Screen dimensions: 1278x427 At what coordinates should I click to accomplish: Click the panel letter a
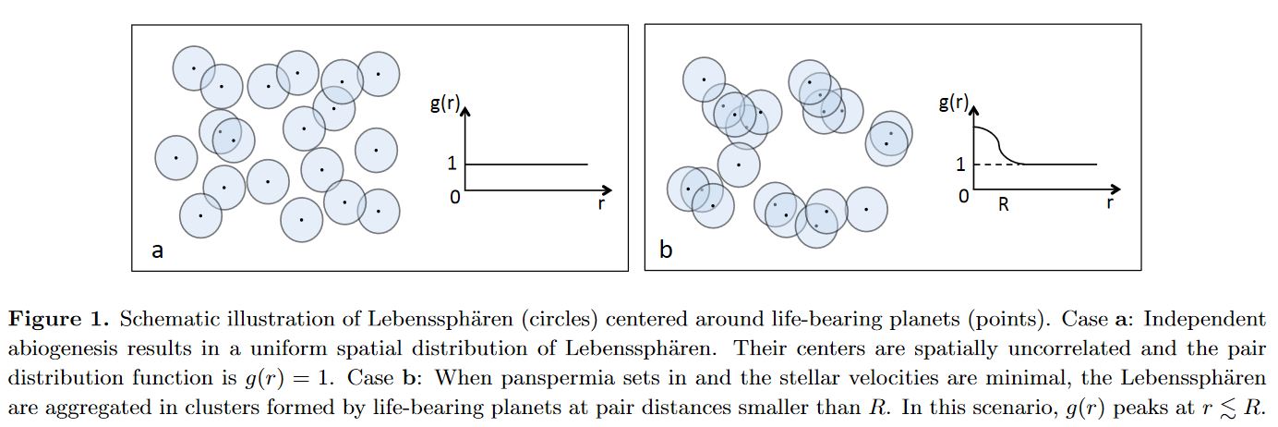pos(158,250)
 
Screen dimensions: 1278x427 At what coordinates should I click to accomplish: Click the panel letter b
pos(666,249)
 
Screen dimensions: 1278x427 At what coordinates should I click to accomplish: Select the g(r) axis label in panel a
pos(444,104)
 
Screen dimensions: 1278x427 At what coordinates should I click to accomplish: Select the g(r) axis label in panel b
pos(954,103)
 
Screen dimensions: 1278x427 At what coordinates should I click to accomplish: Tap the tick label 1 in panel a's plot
pos(452,164)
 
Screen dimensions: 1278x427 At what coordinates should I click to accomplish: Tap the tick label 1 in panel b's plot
pos(960,165)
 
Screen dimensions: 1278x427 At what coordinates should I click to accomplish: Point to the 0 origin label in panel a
pos(454,197)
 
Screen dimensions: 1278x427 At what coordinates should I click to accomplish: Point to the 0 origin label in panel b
pos(964,196)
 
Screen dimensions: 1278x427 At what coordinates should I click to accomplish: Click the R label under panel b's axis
pos(1004,204)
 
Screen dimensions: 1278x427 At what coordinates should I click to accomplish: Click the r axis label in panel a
pos(601,203)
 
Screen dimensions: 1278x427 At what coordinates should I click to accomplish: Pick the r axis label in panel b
pos(1110,202)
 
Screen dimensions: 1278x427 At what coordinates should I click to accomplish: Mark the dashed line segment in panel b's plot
pos(998,165)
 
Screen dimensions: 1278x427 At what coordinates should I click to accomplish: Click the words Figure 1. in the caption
pos(58,319)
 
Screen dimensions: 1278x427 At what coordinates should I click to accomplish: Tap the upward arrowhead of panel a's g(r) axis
pos(465,111)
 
